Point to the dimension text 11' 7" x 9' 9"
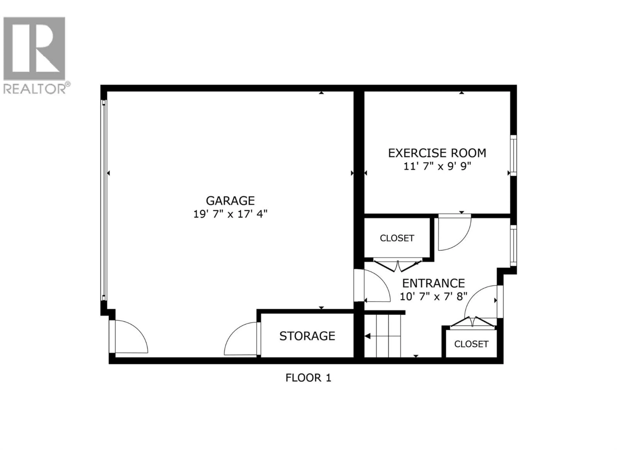(x=437, y=167)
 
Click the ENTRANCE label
(x=434, y=283)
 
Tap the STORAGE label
(x=307, y=336)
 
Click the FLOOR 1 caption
(x=308, y=378)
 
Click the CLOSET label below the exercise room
(x=397, y=238)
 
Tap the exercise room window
(x=513, y=155)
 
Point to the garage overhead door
(x=104, y=200)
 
